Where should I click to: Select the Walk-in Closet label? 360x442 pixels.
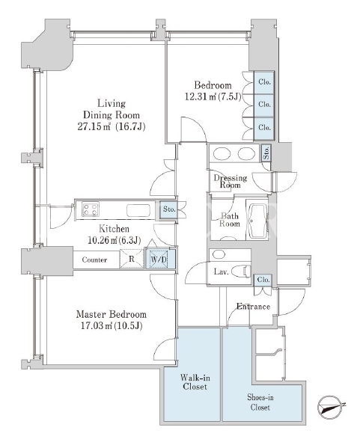click(x=195, y=382)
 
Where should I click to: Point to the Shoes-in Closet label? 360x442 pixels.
click(x=260, y=402)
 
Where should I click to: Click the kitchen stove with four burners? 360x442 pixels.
click(x=91, y=209)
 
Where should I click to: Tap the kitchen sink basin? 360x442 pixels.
click(x=138, y=210)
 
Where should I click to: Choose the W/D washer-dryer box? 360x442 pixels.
click(x=158, y=259)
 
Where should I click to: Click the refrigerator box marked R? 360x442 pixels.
click(x=132, y=259)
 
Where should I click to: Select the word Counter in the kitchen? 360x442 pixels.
click(x=94, y=260)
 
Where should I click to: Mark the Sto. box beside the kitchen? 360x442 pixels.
click(x=169, y=209)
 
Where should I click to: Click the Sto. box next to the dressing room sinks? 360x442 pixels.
click(x=266, y=153)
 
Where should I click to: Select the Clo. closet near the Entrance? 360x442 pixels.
click(x=263, y=280)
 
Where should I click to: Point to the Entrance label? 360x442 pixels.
click(x=253, y=307)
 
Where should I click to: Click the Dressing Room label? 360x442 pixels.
click(x=231, y=182)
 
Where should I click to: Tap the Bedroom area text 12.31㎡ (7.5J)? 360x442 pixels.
click(x=213, y=97)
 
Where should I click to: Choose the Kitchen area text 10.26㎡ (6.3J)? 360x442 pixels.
click(x=115, y=240)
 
